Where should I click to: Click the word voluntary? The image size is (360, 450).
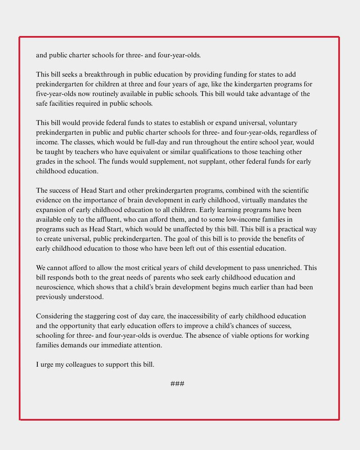coord(283,123)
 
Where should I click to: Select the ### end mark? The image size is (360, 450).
coord(177,384)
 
